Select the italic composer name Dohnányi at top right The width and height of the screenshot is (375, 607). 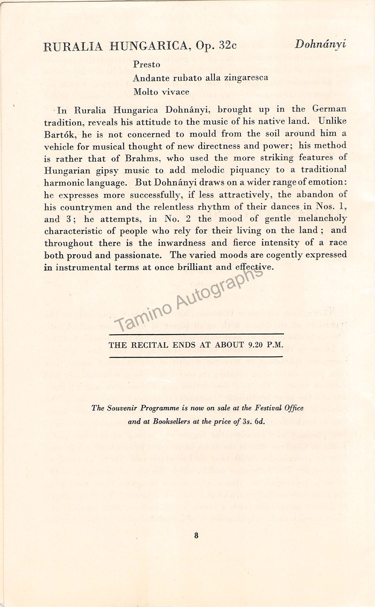320,44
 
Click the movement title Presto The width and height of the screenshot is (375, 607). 147,65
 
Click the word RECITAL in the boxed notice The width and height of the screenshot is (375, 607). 146,345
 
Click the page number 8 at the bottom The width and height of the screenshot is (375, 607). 196,536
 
